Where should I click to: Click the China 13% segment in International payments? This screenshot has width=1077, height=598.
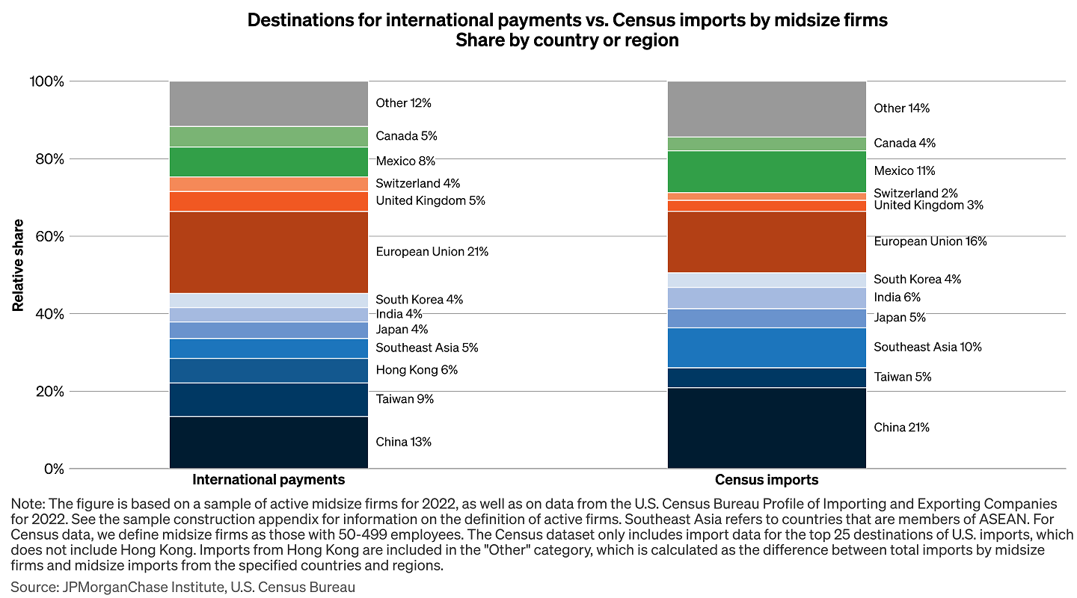269,442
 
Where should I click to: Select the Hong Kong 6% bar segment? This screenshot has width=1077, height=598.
269,370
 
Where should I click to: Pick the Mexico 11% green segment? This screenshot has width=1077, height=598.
767,171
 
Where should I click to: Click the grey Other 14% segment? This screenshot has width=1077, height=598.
767,108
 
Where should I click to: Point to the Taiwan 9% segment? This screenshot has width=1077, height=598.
269,399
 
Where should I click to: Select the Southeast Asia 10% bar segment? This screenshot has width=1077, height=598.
767,347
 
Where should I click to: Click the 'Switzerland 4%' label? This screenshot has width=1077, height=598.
417,183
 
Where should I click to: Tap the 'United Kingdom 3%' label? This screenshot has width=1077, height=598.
928,206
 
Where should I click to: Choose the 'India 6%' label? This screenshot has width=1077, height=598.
897,297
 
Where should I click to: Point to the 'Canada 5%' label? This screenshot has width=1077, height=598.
406,136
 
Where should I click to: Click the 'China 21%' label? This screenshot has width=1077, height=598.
901,428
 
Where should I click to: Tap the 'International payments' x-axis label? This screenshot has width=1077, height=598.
269,480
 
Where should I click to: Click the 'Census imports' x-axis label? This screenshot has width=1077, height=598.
767,480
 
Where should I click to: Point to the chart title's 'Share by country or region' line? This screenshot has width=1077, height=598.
567,40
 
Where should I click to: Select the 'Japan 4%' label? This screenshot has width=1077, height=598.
402,330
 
